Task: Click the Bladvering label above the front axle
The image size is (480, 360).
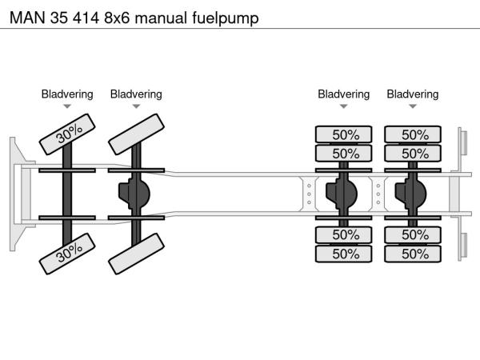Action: (67, 94)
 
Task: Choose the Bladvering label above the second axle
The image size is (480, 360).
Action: (136, 94)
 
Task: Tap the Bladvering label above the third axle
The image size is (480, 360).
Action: (344, 94)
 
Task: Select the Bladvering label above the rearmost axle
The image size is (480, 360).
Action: (413, 94)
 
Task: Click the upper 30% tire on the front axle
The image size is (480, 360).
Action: (69, 134)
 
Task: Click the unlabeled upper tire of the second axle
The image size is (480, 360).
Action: (137, 134)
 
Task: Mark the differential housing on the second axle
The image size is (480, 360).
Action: (135, 194)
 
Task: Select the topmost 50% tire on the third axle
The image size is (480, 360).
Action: (345, 134)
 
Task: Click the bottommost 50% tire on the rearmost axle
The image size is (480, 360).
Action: (414, 254)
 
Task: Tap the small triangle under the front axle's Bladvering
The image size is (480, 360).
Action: (67, 106)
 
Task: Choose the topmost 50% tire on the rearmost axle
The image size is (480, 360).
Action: (414, 134)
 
